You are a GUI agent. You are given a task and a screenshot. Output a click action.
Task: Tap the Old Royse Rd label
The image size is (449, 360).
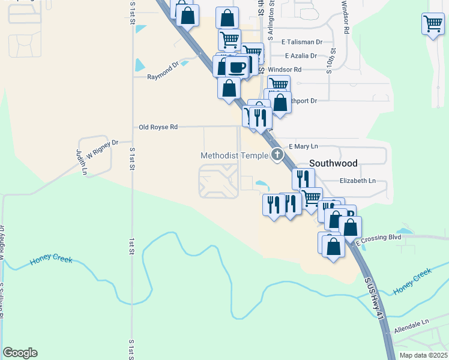(x=158, y=127)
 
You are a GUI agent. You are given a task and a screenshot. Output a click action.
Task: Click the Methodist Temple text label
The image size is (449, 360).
(x=235, y=156)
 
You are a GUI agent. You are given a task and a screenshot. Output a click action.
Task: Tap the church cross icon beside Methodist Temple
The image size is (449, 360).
(x=277, y=155)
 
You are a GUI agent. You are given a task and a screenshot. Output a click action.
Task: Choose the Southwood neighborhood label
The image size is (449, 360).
(x=333, y=163)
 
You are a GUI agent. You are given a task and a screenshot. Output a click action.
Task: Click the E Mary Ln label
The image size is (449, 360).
(x=303, y=146)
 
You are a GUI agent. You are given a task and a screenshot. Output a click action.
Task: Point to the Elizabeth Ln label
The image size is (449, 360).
(x=357, y=181)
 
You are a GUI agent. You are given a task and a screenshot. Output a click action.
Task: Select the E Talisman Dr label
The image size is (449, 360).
(x=302, y=43)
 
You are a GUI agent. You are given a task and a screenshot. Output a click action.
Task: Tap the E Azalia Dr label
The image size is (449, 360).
(x=301, y=56)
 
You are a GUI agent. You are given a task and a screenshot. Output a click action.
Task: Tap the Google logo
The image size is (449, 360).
(x=20, y=353)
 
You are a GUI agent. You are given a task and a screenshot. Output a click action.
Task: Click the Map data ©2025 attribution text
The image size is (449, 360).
(x=423, y=355)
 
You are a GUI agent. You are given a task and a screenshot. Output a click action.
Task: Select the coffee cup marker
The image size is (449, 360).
(x=238, y=65)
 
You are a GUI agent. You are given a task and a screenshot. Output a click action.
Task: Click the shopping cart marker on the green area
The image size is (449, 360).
(x=432, y=24)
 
